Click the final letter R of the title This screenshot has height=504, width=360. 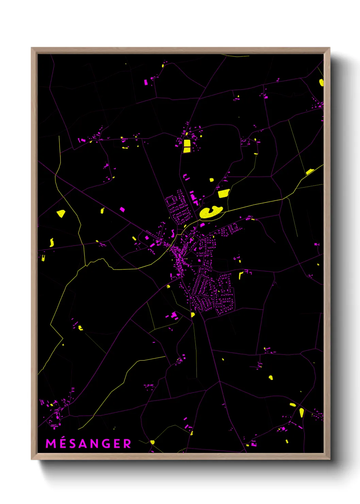coord(127,444)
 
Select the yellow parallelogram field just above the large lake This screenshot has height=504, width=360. coord(223,193)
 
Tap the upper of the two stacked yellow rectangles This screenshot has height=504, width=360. coord(187,143)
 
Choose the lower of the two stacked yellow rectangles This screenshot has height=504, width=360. coord(187,149)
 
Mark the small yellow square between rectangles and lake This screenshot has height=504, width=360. coord(211,180)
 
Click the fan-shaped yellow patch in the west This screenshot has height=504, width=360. coord(61,214)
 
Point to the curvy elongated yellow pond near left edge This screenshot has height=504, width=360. coord(52,242)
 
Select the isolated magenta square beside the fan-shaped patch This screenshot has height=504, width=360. coord(122,209)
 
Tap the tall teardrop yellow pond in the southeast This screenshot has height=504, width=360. coord(301,412)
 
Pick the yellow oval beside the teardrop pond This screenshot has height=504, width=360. coord(293,405)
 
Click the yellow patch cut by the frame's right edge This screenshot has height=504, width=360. coord(321,82)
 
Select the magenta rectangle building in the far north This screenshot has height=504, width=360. coord(146,82)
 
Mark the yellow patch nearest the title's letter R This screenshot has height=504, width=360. coord(152,442)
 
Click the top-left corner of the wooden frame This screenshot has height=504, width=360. coord(32,48)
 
